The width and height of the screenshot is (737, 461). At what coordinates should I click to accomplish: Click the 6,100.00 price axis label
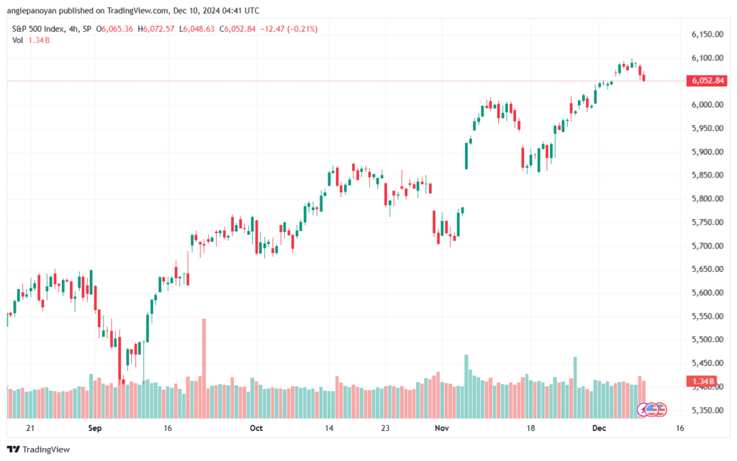pos(707,58)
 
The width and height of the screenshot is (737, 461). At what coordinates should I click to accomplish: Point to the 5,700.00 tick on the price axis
pos(707,245)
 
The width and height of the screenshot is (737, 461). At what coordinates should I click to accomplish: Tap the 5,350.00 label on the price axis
pos(707,410)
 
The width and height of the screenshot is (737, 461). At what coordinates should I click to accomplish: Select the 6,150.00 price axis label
pos(707,35)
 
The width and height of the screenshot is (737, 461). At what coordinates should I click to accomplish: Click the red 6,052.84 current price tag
pos(707,81)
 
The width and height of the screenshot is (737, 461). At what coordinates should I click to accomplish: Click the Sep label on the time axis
pos(95,428)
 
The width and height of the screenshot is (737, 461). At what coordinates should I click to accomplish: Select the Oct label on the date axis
pos(256,428)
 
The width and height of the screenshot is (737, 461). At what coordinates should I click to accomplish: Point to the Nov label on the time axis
pos(442,428)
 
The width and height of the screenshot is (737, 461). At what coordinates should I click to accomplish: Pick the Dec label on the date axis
pos(600,428)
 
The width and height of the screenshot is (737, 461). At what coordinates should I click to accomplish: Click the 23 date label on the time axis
pos(386,428)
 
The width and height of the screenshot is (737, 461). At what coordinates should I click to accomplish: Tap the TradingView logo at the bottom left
pos(39,449)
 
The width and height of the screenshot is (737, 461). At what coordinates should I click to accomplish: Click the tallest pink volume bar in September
pos(204,368)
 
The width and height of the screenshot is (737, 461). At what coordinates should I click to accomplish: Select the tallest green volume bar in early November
pos(466,386)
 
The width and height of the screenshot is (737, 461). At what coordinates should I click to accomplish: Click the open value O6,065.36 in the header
pos(114,29)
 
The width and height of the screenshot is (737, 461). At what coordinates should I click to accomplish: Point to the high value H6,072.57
pos(156,29)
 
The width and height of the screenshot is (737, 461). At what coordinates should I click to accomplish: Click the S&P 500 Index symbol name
pos(38,29)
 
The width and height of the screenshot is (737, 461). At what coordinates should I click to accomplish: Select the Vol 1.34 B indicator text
pos(31,40)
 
